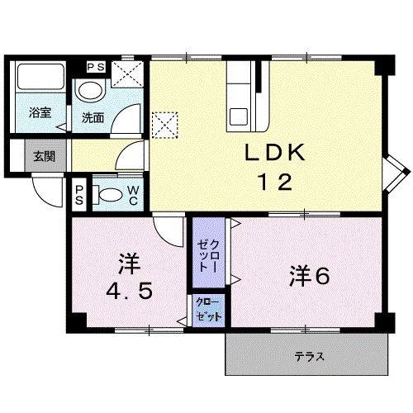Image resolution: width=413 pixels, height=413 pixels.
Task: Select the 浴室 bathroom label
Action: coord(39,114)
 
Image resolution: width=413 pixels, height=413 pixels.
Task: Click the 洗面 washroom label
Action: coord(92,117)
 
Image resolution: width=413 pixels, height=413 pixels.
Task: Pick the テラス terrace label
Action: coord(308,357)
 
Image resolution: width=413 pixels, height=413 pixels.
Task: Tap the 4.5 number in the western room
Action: coord(127,292)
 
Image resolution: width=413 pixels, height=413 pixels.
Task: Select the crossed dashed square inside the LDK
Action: coord(163,125)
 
